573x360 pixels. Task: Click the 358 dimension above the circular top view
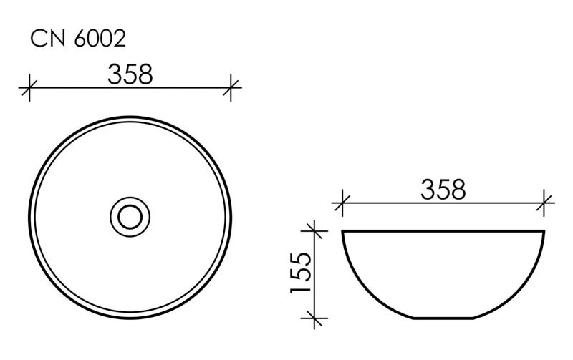[130, 74]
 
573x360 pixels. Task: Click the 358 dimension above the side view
[443, 189]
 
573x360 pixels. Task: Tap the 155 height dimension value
[300, 272]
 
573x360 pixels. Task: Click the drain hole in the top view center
[130, 215]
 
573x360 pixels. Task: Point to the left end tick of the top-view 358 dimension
[29, 89]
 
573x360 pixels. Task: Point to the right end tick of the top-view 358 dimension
[231, 89]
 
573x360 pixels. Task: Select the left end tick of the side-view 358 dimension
[342, 203]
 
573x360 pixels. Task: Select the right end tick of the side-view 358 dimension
[545, 203]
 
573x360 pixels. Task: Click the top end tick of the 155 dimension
[313, 230]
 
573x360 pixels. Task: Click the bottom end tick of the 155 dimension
[313, 317]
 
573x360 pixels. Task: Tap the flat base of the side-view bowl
[443, 317]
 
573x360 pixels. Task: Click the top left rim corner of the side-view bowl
[344, 232]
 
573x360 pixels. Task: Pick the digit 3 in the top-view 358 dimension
[115, 74]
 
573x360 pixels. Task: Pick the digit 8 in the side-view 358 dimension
[458, 189]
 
